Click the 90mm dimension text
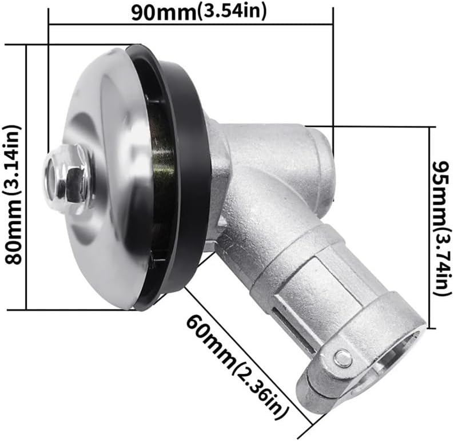click(x=163, y=12)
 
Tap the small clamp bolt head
click(x=343, y=359)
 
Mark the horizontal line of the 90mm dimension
click(x=189, y=25)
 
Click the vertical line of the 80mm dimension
click(x=27, y=177)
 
